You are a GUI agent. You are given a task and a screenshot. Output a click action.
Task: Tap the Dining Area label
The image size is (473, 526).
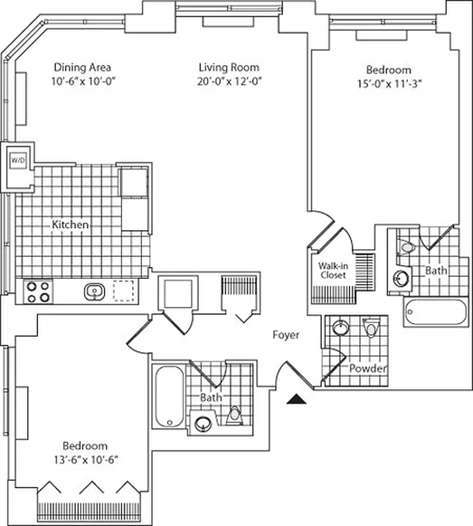point(82,67)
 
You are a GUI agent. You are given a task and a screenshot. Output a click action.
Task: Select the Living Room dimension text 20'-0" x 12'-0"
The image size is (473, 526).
point(229,81)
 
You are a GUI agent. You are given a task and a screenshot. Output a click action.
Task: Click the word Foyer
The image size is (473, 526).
point(286,335)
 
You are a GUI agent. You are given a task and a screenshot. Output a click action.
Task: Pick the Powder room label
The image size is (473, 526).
point(367,368)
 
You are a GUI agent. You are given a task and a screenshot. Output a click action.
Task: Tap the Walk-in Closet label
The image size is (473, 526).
point(332,270)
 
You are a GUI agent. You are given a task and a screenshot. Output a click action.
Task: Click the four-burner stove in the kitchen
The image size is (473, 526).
point(37,291)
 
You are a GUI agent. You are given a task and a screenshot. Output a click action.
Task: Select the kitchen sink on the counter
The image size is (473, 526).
point(94,291)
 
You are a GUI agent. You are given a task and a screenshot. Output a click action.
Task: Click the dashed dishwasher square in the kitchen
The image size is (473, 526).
point(123,291)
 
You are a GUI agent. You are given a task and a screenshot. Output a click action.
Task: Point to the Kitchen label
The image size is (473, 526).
point(70,225)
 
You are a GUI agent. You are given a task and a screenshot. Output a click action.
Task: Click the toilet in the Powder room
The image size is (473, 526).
point(371,327)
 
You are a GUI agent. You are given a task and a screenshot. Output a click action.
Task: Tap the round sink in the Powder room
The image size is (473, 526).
point(340,326)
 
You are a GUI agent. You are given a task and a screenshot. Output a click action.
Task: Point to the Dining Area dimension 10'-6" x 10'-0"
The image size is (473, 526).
point(82,81)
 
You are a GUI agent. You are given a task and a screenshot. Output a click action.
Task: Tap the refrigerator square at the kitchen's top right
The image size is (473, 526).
point(135,182)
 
